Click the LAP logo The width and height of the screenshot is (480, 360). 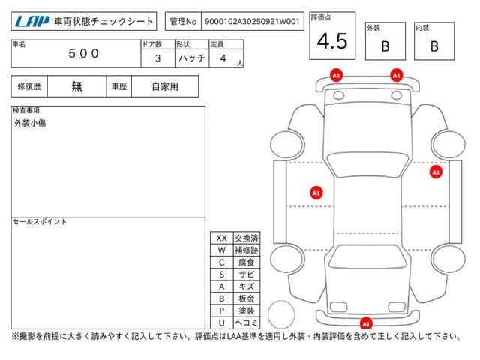(32, 22)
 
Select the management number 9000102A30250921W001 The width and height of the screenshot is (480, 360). (252, 22)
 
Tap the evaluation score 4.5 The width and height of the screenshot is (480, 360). (332, 41)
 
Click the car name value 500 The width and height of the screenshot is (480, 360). (83, 54)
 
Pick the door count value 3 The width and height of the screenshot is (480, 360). (157, 58)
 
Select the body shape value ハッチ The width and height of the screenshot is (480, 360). (192, 58)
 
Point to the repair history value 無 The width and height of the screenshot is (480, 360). (76, 87)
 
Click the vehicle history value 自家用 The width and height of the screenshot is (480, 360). (165, 87)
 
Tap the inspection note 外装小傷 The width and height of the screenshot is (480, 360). (30, 123)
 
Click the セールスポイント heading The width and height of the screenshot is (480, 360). (40, 222)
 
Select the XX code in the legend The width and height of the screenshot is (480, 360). (222, 238)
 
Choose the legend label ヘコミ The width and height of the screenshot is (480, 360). (247, 322)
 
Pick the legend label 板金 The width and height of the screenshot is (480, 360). (247, 298)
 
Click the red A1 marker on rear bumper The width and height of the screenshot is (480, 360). (366, 323)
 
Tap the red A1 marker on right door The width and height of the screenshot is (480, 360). (436, 172)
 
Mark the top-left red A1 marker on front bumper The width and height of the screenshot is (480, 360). (336, 75)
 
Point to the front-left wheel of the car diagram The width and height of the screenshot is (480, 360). (287, 145)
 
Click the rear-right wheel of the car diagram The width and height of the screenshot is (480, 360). (448, 259)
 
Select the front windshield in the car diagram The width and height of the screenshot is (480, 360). (367, 164)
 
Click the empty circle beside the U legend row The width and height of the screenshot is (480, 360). (281, 314)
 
